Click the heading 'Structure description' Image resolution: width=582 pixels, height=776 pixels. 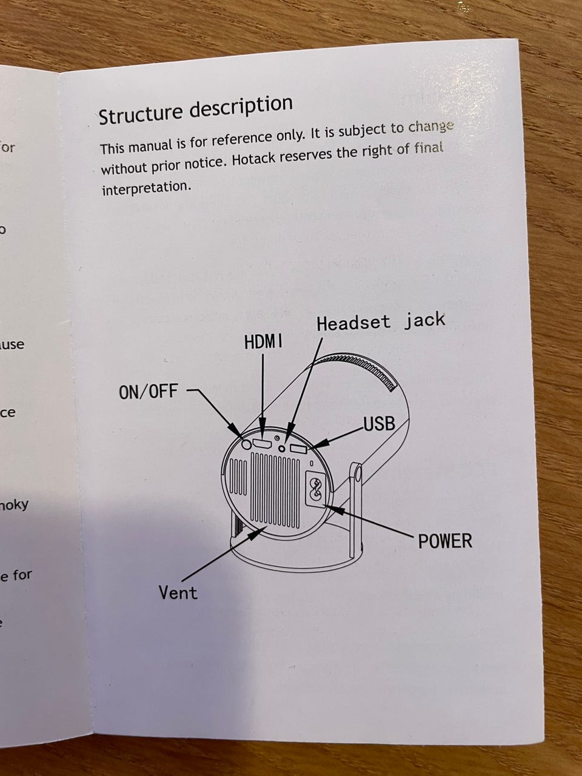point(195,109)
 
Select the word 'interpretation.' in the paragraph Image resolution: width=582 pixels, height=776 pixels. point(146,187)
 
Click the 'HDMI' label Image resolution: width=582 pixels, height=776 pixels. point(263,342)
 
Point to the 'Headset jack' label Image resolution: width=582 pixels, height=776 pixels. point(380,321)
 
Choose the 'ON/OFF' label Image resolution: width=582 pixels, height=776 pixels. point(149,392)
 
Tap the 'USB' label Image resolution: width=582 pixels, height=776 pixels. point(379,424)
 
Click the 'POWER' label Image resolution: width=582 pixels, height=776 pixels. point(444,540)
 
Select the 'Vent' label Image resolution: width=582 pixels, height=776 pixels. point(178,592)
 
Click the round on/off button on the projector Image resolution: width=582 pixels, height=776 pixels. point(246,444)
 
